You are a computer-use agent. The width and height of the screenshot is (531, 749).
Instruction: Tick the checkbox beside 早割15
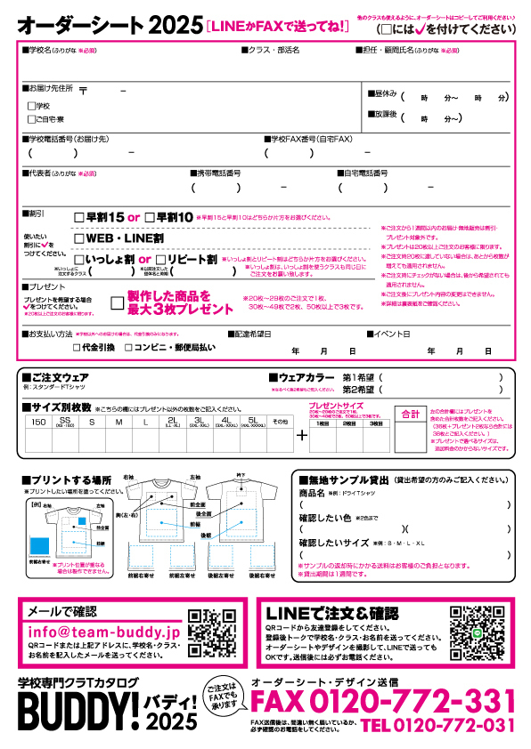[79, 217]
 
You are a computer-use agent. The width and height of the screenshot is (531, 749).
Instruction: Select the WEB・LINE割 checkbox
[79, 238]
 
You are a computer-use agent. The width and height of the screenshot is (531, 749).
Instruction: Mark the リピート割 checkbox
[161, 260]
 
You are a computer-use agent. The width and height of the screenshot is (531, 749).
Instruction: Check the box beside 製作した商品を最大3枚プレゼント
[117, 302]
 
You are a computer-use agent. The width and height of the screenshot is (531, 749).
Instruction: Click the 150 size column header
[37, 421]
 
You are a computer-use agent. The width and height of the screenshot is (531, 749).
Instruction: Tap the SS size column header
[64, 421]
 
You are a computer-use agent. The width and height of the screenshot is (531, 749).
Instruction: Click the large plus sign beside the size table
[301, 435]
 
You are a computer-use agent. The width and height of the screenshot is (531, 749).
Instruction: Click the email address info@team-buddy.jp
[104, 631]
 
